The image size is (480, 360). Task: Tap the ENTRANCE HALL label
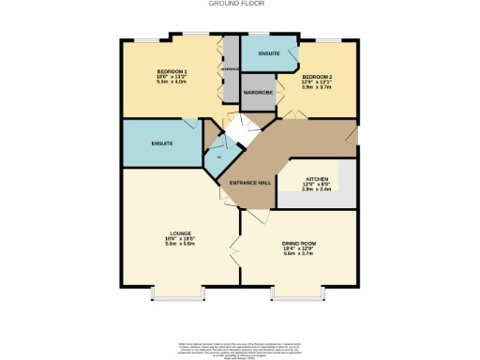tap(251, 182)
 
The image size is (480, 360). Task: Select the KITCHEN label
tap(316, 178)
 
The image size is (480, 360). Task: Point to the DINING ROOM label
tap(299, 243)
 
